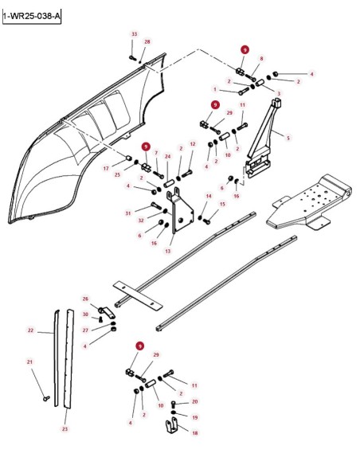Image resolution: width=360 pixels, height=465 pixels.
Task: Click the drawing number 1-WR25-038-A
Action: click(x=32, y=17)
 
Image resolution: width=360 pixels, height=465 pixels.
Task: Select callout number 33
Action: click(x=135, y=34)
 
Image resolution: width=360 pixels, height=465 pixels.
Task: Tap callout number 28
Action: click(x=147, y=42)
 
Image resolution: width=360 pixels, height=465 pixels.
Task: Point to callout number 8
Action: click(x=261, y=59)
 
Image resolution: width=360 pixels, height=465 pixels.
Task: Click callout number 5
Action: click(x=288, y=138)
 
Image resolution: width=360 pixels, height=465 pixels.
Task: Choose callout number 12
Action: click(x=193, y=144)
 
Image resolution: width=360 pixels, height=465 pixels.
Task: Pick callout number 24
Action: click(x=168, y=156)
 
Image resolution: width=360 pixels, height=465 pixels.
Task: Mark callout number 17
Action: click(x=106, y=169)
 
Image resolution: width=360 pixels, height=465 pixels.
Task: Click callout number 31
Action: click(x=128, y=213)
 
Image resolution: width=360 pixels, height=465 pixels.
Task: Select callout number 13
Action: click(x=168, y=251)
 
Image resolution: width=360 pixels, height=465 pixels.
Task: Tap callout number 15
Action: click(x=222, y=204)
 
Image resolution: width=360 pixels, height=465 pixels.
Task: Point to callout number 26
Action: click(x=85, y=299)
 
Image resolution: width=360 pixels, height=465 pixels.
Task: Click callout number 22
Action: click(x=30, y=330)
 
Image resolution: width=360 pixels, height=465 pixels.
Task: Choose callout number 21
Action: click(x=29, y=361)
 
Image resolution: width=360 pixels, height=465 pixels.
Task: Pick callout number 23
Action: click(x=65, y=429)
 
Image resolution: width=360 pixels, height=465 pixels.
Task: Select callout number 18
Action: click(x=195, y=433)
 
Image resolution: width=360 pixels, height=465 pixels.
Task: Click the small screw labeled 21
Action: click(x=46, y=399)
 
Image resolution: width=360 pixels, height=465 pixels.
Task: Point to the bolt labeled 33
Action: click(x=132, y=57)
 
